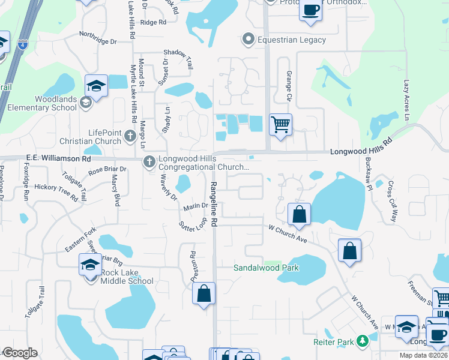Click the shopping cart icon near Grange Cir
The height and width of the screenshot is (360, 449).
pyautogui.click(x=280, y=125)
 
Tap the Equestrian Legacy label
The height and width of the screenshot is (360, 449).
pyautogui.click(x=291, y=40)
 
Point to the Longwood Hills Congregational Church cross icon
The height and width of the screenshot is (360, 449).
pyautogui.click(x=149, y=161)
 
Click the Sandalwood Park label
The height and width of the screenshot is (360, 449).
pyautogui.click(x=266, y=268)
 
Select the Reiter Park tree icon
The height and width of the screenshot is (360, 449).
pyautogui.click(x=362, y=341)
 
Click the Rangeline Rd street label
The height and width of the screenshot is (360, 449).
pyautogui.click(x=213, y=203)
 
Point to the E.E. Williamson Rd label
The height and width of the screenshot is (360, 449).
pyautogui.click(x=58, y=159)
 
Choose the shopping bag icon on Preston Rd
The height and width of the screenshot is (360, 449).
pyautogui.click(x=204, y=293)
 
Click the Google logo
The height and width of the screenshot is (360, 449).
pyautogui.click(x=20, y=353)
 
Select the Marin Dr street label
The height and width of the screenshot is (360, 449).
pyautogui.click(x=196, y=206)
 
